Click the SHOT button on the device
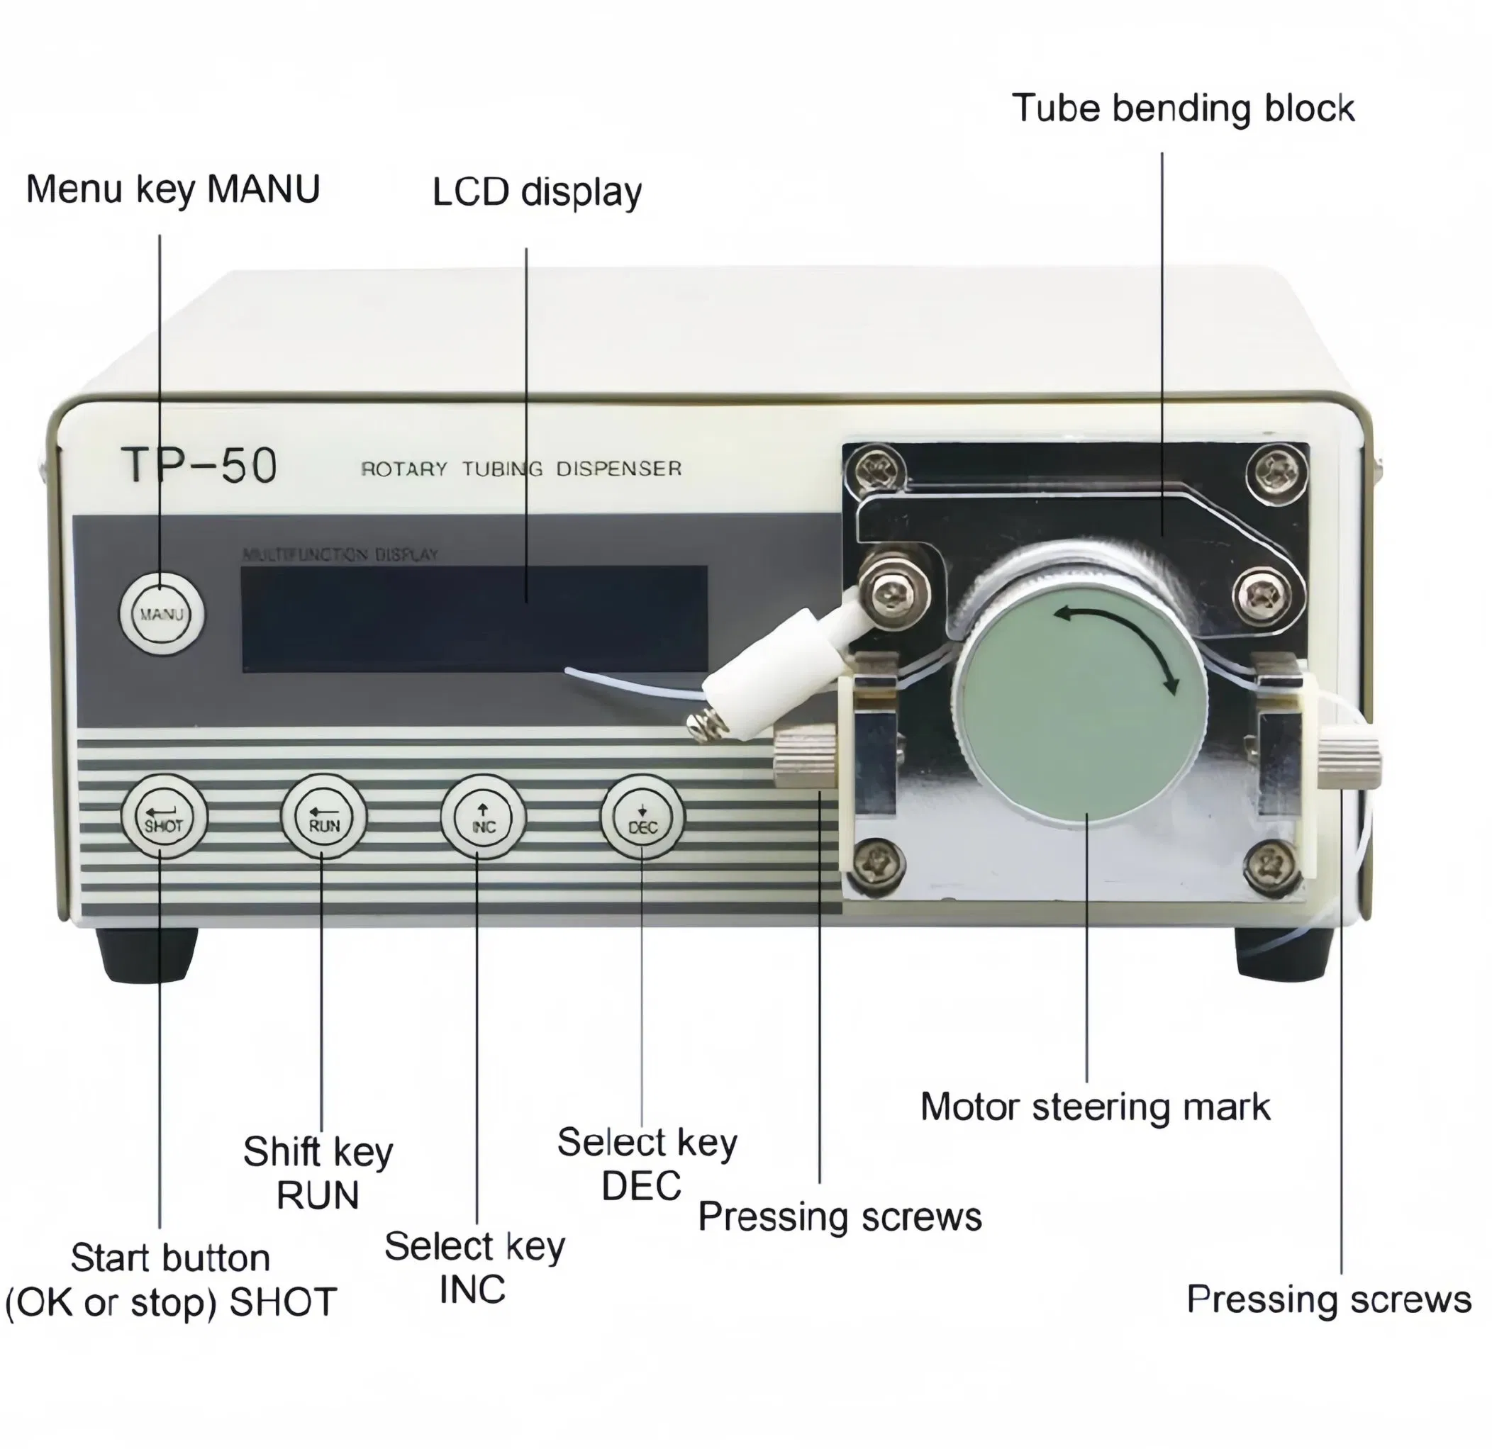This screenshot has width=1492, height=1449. click(x=163, y=817)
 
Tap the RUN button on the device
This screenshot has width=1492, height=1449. click(x=323, y=817)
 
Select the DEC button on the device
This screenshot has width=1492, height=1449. click(x=642, y=817)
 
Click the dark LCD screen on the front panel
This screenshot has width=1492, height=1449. click(x=474, y=618)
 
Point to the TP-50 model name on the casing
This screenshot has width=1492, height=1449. click(x=199, y=465)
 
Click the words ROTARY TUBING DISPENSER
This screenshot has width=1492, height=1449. click(x=520, y=469)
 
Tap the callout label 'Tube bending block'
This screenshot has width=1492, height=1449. click(x=1182, y=108)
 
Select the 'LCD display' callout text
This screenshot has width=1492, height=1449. click(x=537, y=192)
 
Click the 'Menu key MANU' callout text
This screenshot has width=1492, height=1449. click(x=173, y=189)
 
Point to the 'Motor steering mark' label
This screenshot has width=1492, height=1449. click(x=1095, y=1107)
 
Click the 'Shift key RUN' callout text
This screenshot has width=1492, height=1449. click(x=318, y=1173)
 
